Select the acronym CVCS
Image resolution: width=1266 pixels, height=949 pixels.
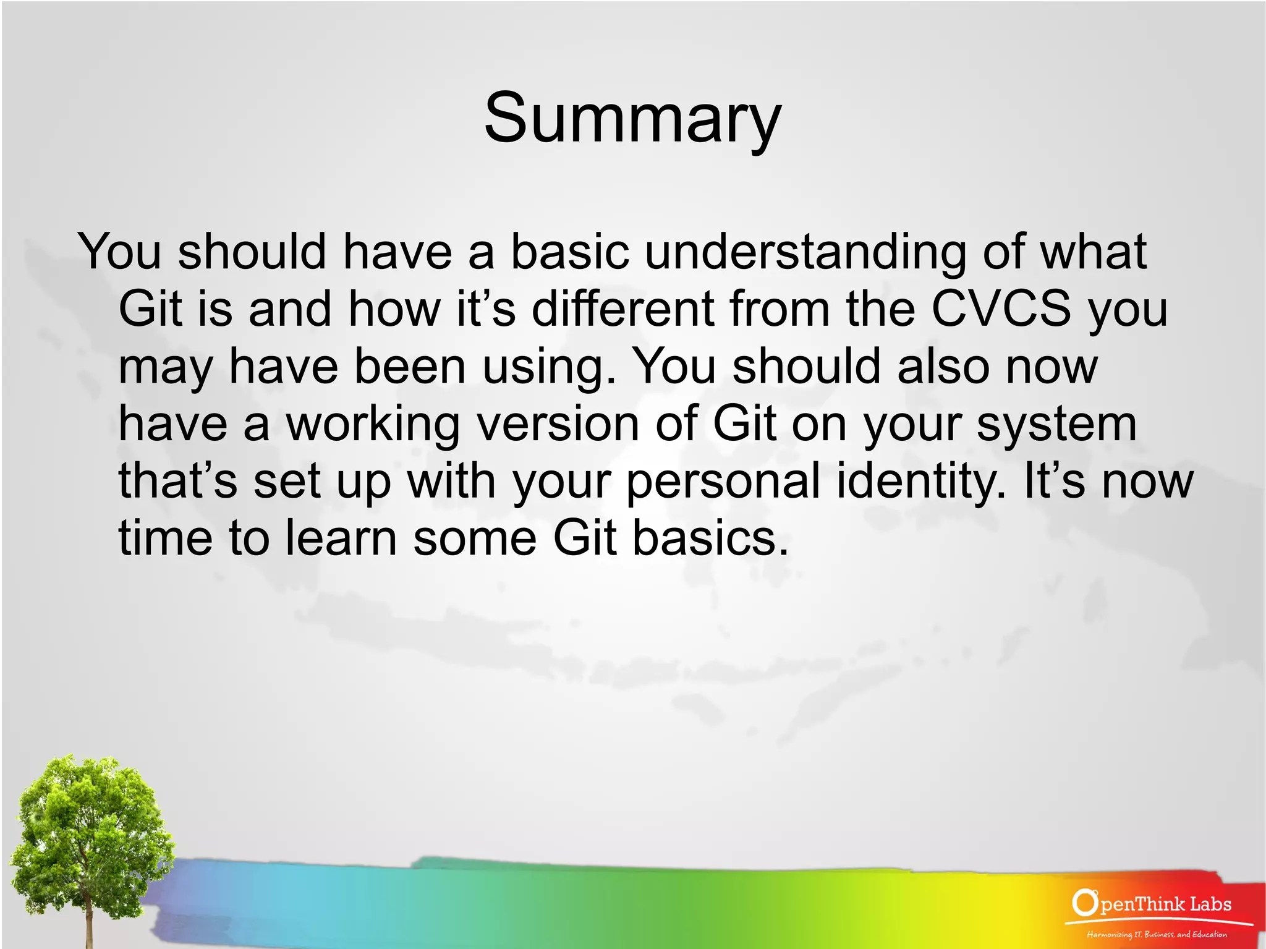tap(1000, 309)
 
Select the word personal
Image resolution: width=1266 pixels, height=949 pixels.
tap(723, 482)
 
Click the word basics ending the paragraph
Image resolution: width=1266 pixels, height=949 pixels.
tap(711, 538)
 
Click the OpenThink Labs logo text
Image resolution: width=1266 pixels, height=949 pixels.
tap(1153, 904)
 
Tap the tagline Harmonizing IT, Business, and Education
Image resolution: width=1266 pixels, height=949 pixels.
tap(1157, 934)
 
